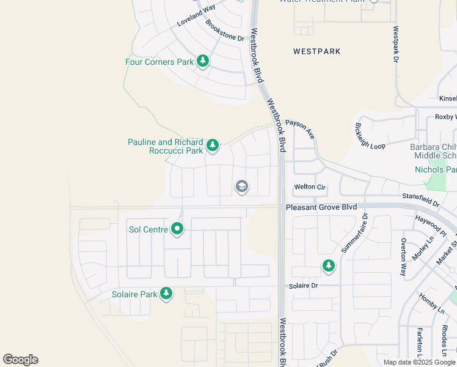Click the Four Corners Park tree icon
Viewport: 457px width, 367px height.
point(203,61)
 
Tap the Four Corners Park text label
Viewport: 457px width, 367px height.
point(159,62)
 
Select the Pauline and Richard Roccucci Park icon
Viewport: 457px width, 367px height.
point(212,145)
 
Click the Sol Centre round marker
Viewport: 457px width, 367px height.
point(178,229)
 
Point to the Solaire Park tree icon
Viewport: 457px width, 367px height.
point(166,294)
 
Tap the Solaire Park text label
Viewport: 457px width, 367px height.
point(135,294)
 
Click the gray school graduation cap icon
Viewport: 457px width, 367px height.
point(241,187)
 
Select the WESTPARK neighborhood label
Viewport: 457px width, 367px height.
point(316,51)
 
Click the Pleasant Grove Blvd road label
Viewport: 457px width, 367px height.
point(321,208)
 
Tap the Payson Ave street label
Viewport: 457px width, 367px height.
point(300,129)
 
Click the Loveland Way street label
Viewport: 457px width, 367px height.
point(196,15)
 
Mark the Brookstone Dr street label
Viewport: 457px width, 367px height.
point(224,31)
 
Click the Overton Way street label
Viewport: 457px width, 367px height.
point(404,257)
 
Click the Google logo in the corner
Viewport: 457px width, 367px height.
point(20,360)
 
